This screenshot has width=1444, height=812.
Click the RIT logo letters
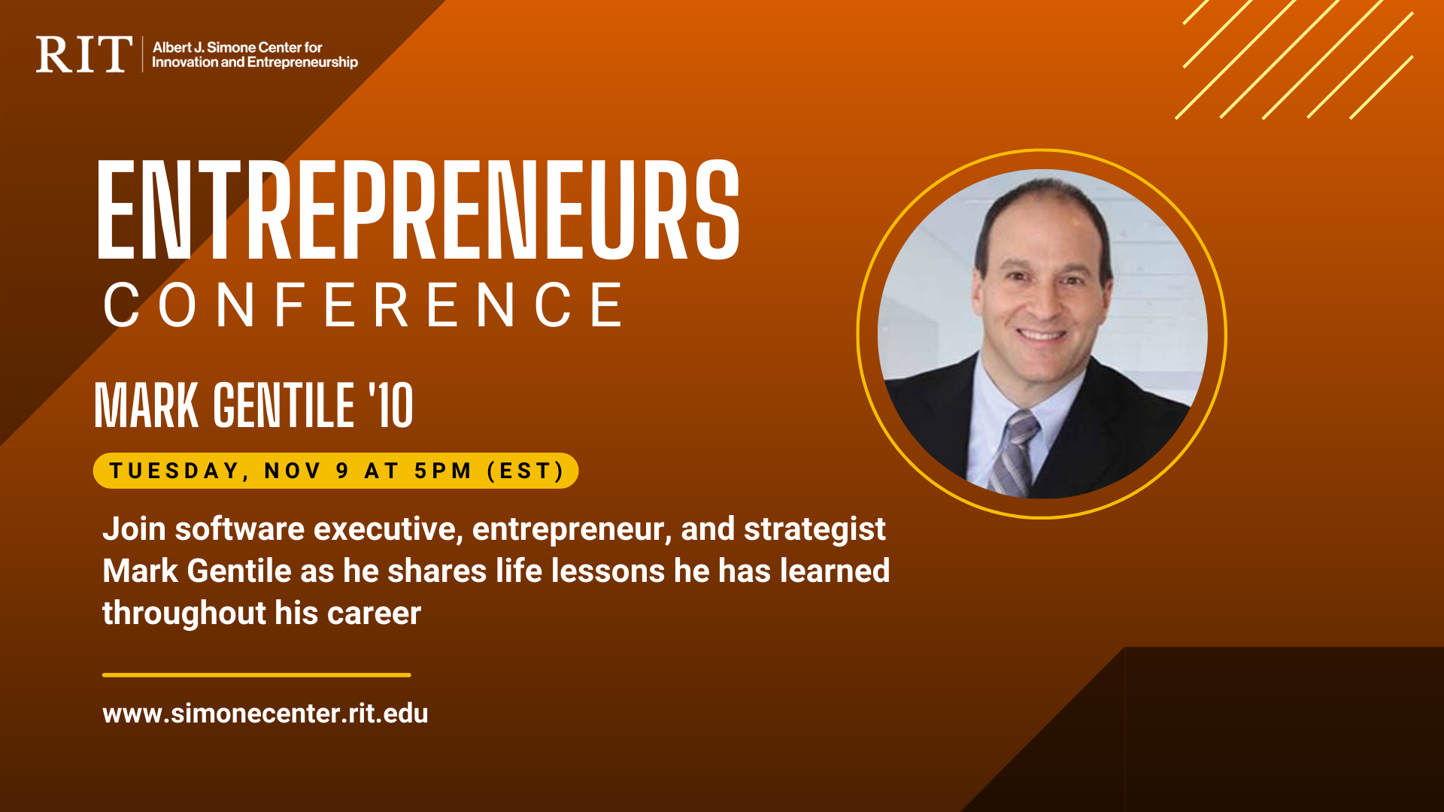tap(83, 54)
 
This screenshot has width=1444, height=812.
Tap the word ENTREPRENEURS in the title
tap(418, 211)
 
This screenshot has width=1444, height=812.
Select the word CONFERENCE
tap(364, 305)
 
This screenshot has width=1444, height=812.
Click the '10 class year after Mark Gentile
tap(390, 405)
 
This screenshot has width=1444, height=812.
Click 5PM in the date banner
tap(443, 471)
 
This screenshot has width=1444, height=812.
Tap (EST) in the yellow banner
tap(526, 471)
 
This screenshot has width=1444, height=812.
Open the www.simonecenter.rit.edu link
tap(265, 713)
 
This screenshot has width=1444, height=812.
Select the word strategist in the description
tap(815, 529)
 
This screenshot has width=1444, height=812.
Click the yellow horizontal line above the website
tap(256, 675)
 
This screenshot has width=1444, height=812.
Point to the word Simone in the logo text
tap(230, 47)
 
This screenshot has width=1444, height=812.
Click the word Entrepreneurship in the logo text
tap(302, 62)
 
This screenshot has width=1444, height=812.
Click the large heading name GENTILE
tap(284, 405)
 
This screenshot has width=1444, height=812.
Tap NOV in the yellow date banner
tap(293, 471)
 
